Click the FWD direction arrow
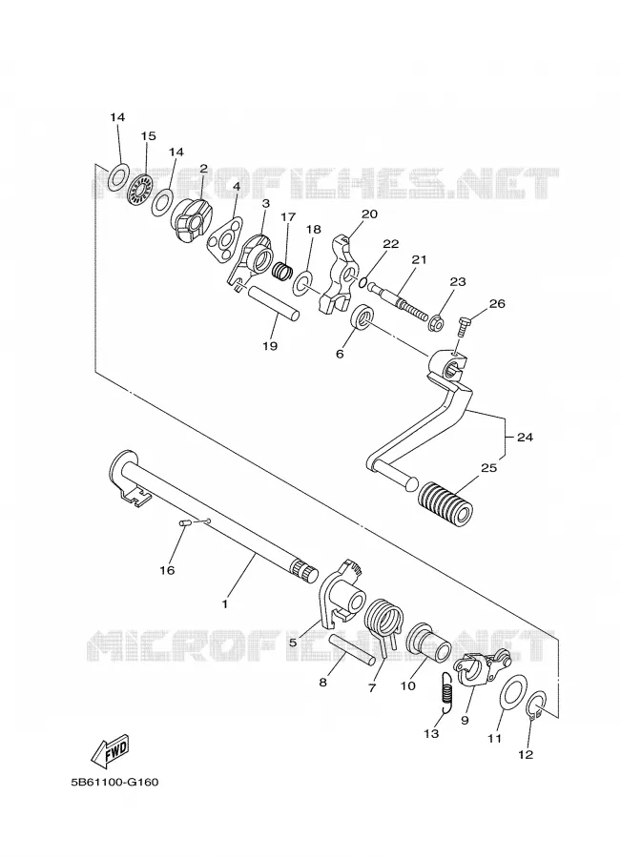tap(109, 751)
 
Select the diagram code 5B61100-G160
tap(114, 782)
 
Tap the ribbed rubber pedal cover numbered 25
tap(445, 503)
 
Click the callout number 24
tap(524, 438)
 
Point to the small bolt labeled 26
tap(464, 328)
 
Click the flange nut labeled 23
tap(436, 321)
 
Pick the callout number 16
tap(167, 570)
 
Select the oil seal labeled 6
tap(362, 317)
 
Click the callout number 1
tap(224, 603)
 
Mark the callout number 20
tap(370, 214)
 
